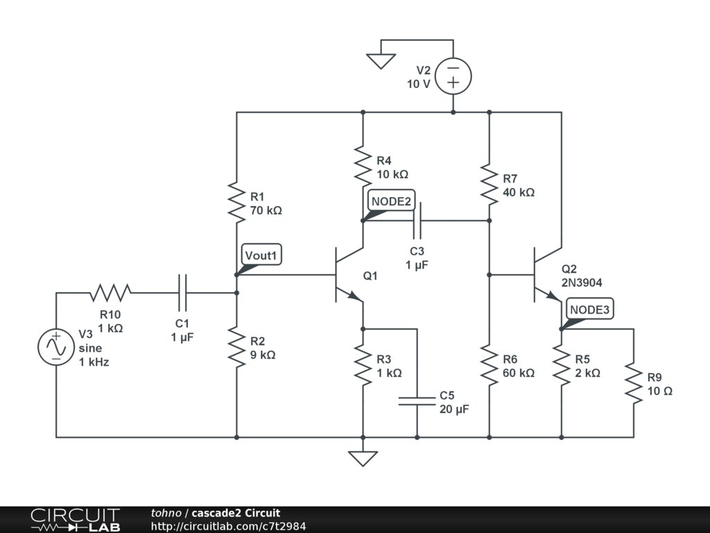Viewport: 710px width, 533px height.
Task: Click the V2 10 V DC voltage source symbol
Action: tap(453, 76)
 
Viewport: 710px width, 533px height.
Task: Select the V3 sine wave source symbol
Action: tap(56, 347)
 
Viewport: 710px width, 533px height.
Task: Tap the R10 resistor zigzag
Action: tap(110, 293)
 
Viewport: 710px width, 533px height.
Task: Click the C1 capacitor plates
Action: tap(182, 293)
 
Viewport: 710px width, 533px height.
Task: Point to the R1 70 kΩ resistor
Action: tap(236, 203)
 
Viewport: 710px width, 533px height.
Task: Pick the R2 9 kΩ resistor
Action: tap(236, 347)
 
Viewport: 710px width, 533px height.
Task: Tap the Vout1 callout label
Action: tap(261, 255)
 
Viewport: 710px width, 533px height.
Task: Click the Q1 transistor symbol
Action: tap(349, 275)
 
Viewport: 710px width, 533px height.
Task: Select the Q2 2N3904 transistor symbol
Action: tap(548, 275)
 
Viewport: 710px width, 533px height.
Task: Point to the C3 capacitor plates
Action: tap(417, 221)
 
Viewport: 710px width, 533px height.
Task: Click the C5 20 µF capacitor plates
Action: tap(417, 401)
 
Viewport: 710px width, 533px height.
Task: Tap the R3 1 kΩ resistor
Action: tap(363, 365)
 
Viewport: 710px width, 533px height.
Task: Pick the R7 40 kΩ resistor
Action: tap(489, 185)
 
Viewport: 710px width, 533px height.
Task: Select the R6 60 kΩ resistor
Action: tap(489, 365)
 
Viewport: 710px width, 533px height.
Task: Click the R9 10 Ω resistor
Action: tap(634, 383)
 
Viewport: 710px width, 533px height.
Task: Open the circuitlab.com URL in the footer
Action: tap(228, 526)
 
